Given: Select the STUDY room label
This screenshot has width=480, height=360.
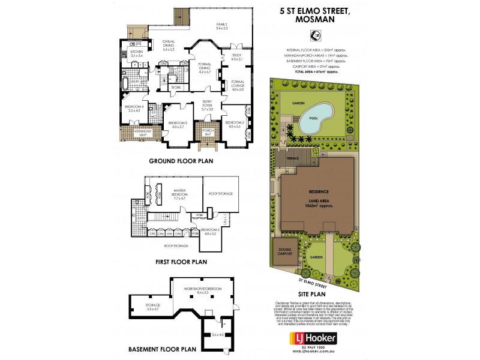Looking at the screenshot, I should pyautogui.click(x=236, y=57).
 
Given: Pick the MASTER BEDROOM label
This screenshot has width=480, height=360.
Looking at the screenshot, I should pyautogui.click(x=179, y=194).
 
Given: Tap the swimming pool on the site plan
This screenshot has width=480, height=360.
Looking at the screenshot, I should pyautogui.click(x=314, y=112).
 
